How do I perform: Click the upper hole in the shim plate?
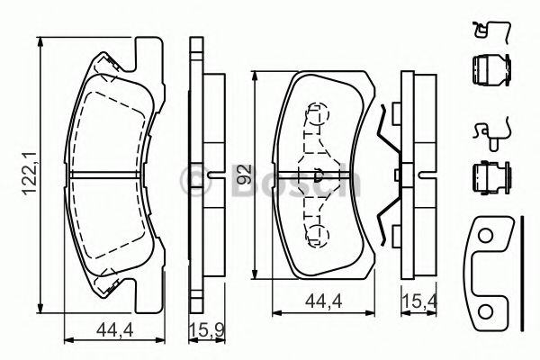click(x=486, y=237)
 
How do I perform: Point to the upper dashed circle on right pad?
click(x=316, y=114)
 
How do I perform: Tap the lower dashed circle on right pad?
click(x=316, y=235)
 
